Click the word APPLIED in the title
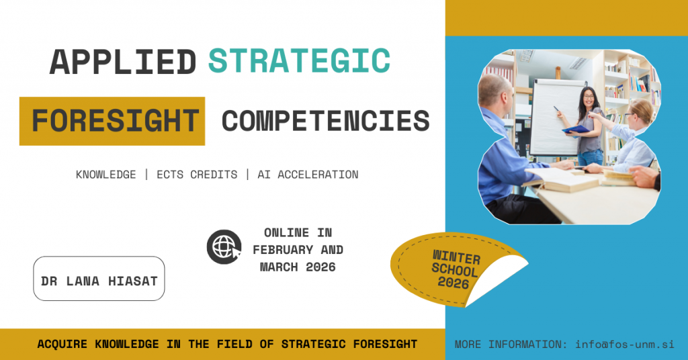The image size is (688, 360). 123,61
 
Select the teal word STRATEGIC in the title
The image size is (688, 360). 299,60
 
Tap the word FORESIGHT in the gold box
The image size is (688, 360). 116,121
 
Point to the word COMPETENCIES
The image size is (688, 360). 326,121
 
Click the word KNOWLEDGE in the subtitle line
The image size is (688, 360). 105,175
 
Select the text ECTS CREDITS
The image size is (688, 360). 197,175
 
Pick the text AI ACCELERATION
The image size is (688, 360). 308,175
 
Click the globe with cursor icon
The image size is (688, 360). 224,247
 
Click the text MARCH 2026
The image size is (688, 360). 298,267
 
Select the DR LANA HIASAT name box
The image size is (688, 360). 99,279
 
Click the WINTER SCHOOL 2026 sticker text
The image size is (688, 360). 456,269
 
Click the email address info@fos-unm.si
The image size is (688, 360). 625,344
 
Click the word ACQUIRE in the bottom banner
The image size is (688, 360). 62,344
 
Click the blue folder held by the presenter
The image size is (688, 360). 575,130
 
